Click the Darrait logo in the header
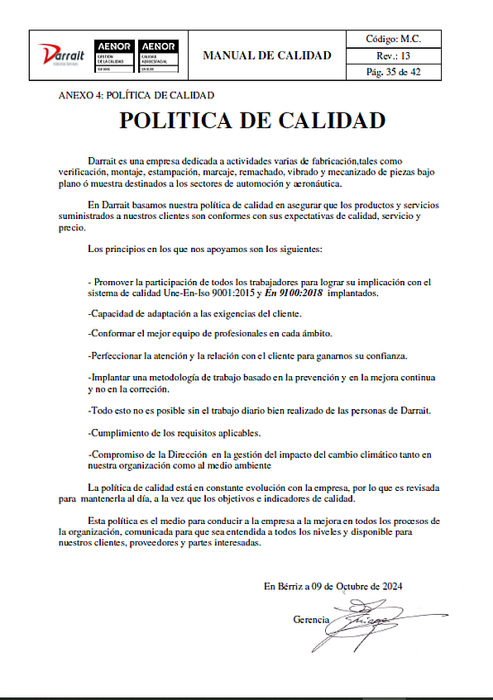pos(62,55)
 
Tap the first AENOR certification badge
pos(114,54)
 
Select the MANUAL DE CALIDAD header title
pos(267,55)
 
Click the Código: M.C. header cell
pos(394,39)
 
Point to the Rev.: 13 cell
pos(394,55)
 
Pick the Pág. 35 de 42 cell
pos(394,72)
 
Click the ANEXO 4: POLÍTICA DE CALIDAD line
pos(136,95)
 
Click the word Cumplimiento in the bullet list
pos(120,432)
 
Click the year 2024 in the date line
pos(391,586)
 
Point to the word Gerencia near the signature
pos(311,619)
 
